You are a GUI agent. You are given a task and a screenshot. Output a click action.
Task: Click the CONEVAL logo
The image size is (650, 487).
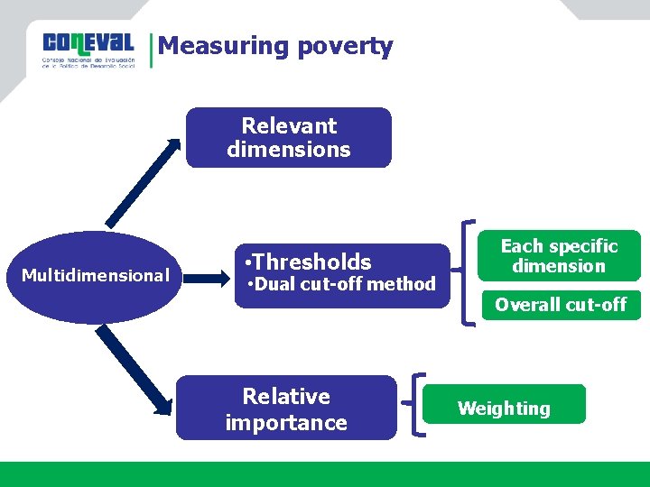88,51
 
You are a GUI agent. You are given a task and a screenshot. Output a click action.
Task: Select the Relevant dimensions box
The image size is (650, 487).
289,138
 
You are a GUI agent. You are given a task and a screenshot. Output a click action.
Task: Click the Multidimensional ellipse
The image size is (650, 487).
96,276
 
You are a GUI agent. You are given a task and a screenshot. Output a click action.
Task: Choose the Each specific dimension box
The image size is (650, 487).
559,256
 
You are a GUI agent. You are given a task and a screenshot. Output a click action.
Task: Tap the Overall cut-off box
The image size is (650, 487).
560,305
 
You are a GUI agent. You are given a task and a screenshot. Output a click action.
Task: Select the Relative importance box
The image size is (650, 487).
286,409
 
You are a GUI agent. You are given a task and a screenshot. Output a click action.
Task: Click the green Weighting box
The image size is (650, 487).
504,408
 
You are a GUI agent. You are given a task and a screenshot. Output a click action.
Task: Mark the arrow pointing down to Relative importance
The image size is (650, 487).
135,370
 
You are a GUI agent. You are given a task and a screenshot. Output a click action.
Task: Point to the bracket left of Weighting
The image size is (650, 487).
419,406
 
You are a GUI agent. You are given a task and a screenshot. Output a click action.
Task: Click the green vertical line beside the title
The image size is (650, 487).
151,51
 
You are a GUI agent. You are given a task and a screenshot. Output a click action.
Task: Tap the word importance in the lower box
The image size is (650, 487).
286,423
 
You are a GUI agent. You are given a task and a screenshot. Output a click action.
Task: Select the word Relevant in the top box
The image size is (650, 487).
289,126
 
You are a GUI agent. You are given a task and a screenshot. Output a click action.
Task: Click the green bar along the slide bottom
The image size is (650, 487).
325,474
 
